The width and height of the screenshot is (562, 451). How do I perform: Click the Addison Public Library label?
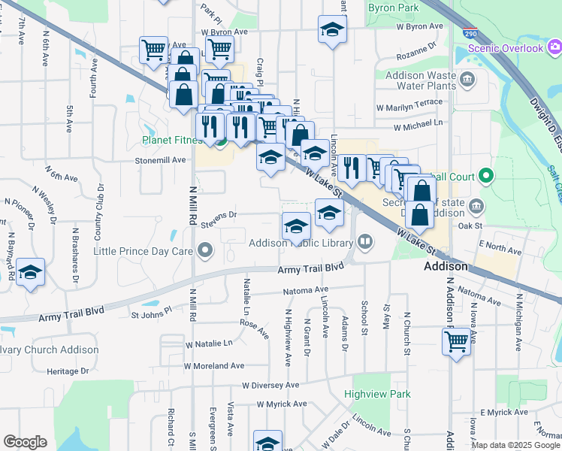[x=301, y=243]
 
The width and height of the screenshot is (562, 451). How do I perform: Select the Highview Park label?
[x=377, y=393]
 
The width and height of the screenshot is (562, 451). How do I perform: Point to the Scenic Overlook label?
[x=504, y=48]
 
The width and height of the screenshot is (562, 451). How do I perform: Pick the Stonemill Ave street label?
[x=160, y=160]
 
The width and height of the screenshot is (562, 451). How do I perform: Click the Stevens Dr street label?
[x=219, y=215]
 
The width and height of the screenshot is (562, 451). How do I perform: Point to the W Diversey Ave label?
[x=270, y=384]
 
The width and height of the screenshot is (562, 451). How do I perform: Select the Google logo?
[x=25, y=442]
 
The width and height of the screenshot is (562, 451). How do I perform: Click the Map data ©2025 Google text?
[x=515, y=445]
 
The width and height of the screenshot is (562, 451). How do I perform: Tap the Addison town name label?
[x=446, y=267]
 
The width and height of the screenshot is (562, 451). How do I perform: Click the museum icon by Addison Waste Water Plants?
[x=467, y=80]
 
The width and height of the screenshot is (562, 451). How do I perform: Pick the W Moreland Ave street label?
[x=214, y=365]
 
